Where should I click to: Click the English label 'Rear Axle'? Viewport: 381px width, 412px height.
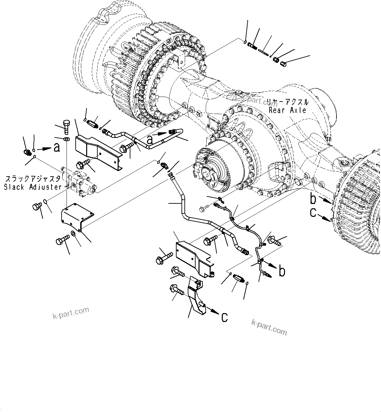coord(288,110)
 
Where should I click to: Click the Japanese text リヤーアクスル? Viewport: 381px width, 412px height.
coord(287,102)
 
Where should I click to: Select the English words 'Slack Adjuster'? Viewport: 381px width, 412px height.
coord(33,187)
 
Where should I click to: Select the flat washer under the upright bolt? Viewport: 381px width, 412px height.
coord(67,139)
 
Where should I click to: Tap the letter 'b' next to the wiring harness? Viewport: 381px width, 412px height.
coord(281,272)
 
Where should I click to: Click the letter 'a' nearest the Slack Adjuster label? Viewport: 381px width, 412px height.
coord(57,148)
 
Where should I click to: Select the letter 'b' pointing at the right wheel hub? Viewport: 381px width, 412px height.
coord(314,198)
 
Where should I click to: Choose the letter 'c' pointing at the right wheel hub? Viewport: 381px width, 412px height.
coord(314,213)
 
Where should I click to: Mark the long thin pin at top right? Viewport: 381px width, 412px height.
coord(263,51)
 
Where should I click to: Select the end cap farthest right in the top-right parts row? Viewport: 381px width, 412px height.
coord(284,64)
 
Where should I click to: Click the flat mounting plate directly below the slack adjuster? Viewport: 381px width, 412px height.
coord(77,216)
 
